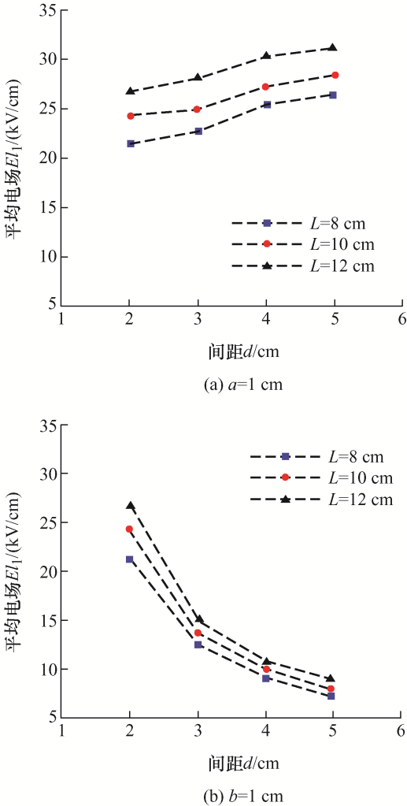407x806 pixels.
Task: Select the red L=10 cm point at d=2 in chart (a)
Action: point(131,116)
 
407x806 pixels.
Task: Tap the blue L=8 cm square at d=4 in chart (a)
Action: point(266,104)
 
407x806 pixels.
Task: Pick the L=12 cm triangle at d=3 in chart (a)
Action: point(198,77)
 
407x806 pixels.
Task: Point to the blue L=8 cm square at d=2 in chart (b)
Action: point(129,559)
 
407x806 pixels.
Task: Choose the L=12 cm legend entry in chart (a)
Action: point(303,266)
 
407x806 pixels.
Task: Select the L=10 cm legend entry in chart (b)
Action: point(322,478)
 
